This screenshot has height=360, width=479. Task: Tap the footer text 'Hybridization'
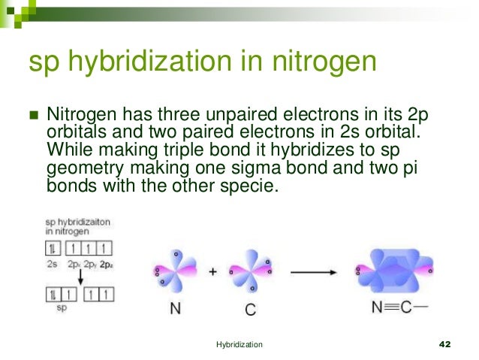click(x=239, y=343)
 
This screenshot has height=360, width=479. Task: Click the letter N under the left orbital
click(x=174, y=308)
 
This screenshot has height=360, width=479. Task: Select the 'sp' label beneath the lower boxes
click(x=62, y=307)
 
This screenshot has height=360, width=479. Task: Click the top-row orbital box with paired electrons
click(x=53, y=249)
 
